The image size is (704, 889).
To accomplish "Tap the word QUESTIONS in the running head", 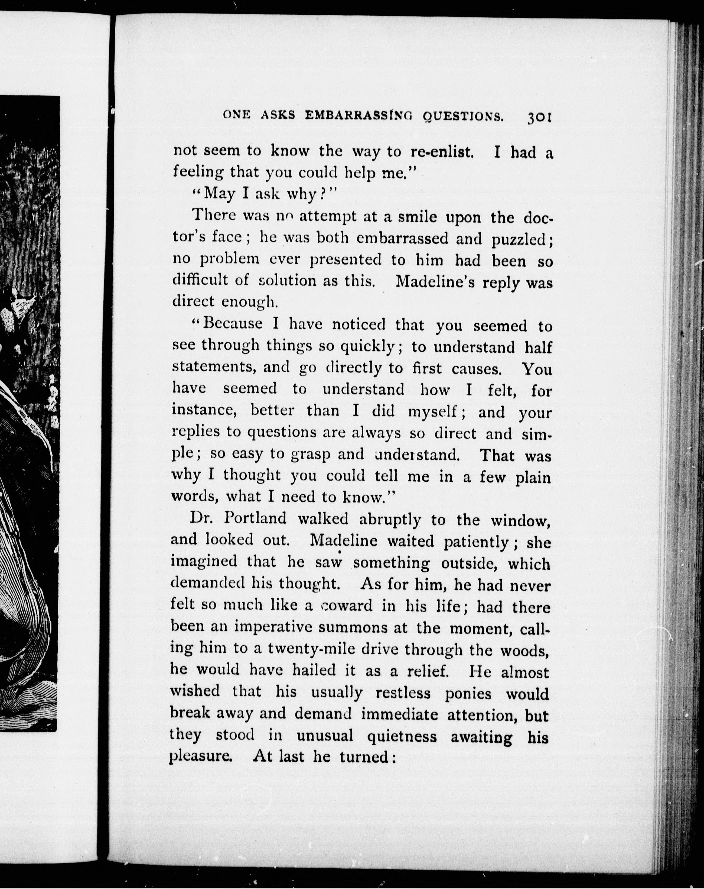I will (463, 117).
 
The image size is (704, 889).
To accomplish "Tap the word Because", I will (233, 323).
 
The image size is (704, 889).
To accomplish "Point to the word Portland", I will (255, 518).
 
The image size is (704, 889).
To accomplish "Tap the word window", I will (521, 521).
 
